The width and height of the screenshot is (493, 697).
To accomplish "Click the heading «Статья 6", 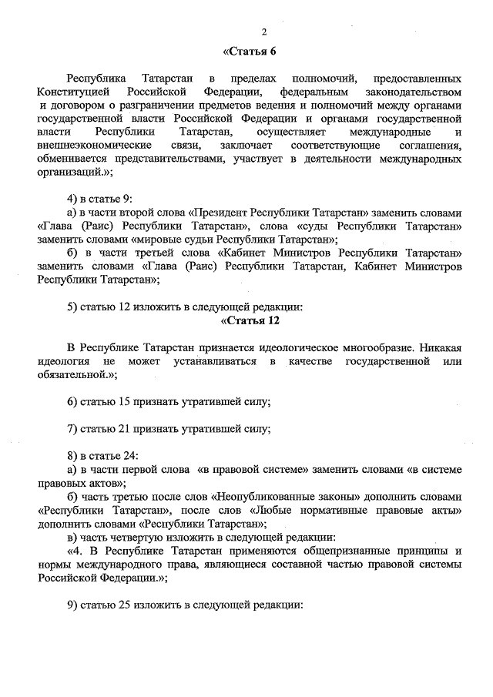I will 249,52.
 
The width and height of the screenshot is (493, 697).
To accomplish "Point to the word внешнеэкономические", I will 86,146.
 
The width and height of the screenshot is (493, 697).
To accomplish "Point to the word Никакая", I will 441,347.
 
